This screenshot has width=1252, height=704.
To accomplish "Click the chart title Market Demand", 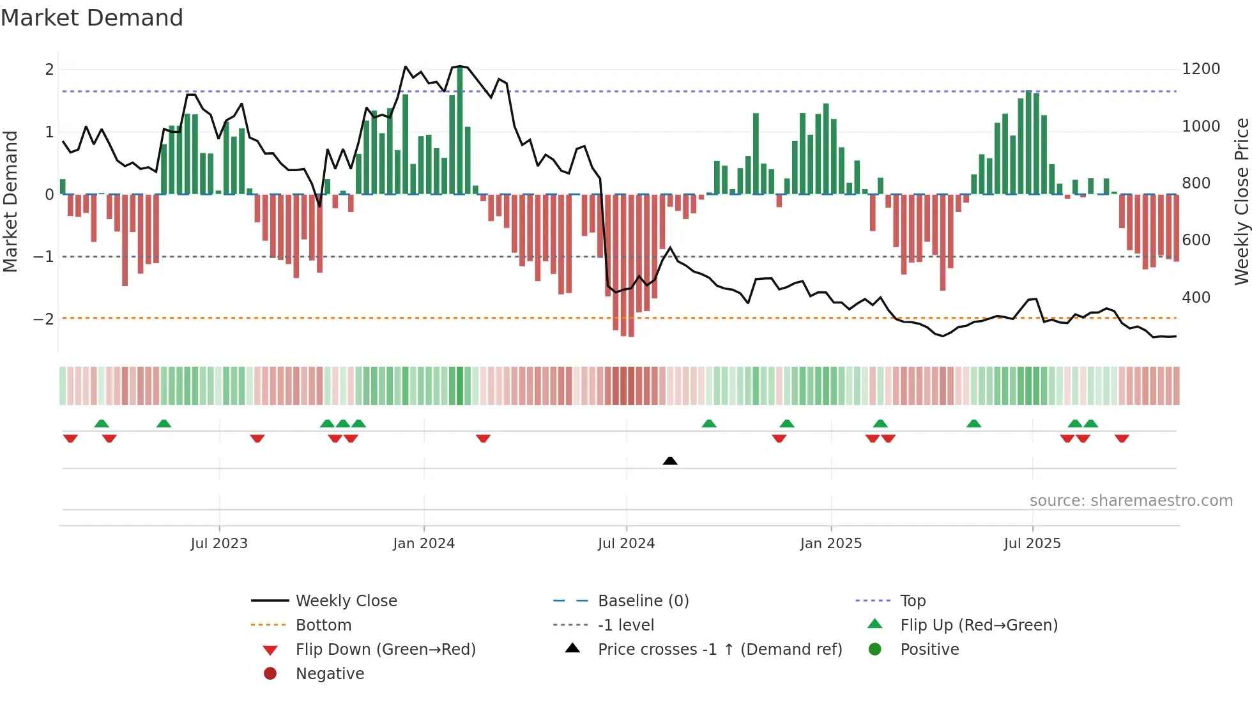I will click(x=92, y=18).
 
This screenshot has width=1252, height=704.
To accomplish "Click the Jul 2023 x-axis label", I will click(x=219, y=544).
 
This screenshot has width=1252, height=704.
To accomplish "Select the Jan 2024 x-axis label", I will click(x=424, y=544).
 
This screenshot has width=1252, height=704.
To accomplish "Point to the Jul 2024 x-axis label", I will click(x=626, y=544).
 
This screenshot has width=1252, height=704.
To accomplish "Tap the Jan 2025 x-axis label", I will click(x=830, y=544).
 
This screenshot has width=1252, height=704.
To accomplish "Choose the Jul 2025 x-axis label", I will click(x=1032, y=544).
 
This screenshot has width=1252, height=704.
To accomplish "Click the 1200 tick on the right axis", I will click(x=1201, y=69).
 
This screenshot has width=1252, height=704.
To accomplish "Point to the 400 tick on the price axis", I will click(x=1196, y=298).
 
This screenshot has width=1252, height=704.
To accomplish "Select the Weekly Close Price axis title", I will click(x=1241, y=201).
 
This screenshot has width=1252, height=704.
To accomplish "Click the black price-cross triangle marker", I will click(x=670, y=461).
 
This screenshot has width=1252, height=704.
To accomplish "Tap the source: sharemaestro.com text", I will click(x=1131, y=501).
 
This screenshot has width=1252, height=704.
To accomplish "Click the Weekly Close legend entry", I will click(x=346, y=601).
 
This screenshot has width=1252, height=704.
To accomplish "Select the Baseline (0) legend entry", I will click(x=643, y=601).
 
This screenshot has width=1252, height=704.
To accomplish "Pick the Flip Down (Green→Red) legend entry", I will click(x=385, y=650).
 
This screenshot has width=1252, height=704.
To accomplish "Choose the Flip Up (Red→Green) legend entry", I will click(x=979, y=625).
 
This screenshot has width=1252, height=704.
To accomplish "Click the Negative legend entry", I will click(x=330, y=674).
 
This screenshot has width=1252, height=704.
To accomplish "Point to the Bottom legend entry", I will click(x=323, y=625).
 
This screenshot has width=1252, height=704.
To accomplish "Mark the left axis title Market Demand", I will click(x=10, y=201).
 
